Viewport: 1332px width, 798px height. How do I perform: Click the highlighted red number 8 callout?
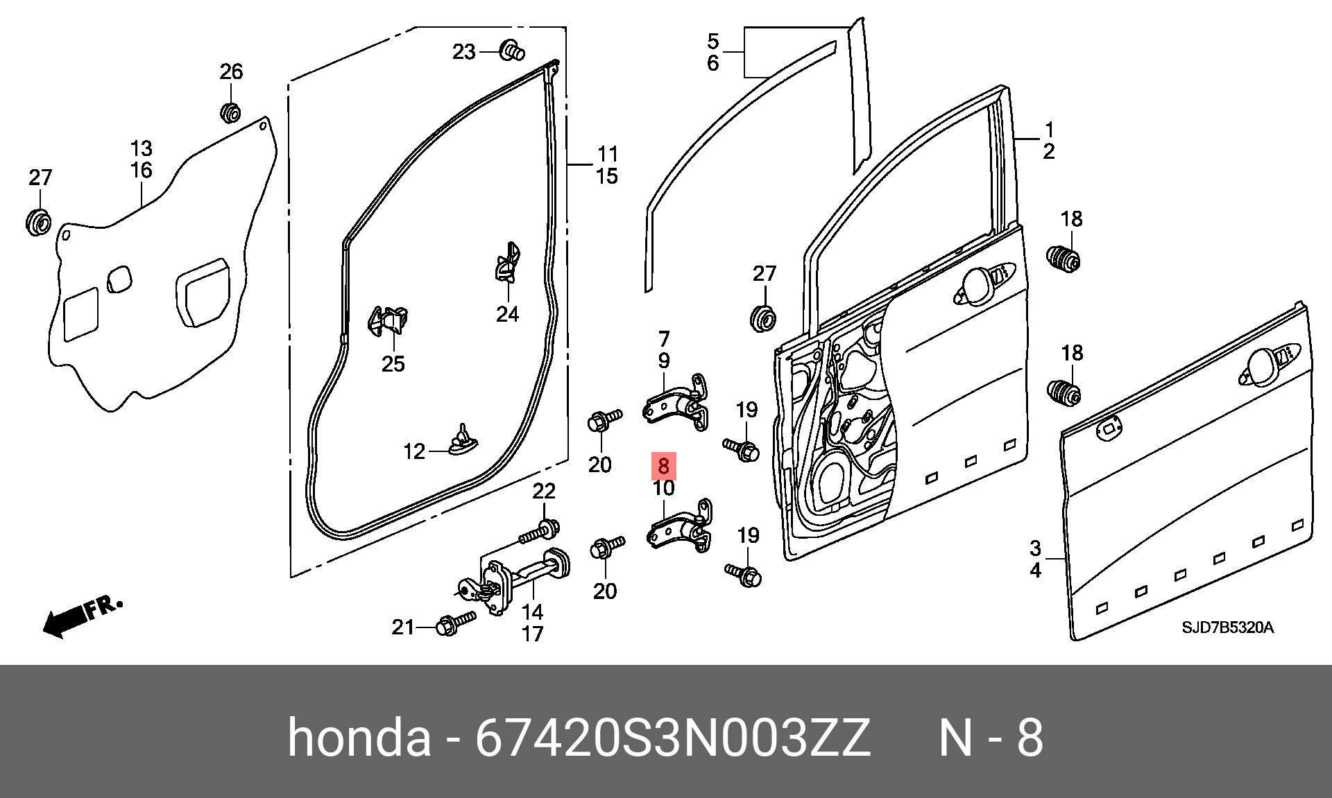(664, 466)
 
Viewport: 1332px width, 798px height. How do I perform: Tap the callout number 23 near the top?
(463, 52)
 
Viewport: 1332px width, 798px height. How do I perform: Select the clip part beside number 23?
(512, 51)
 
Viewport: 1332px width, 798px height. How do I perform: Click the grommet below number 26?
(230, 112)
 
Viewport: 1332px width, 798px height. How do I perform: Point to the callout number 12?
(414, 451)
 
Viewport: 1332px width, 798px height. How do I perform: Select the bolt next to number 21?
(455, 623)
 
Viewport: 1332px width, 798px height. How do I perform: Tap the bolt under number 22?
(540, 532)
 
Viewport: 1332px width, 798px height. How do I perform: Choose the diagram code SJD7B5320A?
(1227, 627)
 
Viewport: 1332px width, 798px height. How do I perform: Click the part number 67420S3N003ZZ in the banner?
(672, 738)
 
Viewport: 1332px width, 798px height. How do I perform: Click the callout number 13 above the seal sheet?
(141, 148)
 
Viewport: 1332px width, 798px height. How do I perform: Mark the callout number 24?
(507, 314)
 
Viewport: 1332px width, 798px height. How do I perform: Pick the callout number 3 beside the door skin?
(1035, 548)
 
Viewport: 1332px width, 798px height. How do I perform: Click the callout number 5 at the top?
(713, 42)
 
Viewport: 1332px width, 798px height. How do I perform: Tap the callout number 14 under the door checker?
(532, 612)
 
